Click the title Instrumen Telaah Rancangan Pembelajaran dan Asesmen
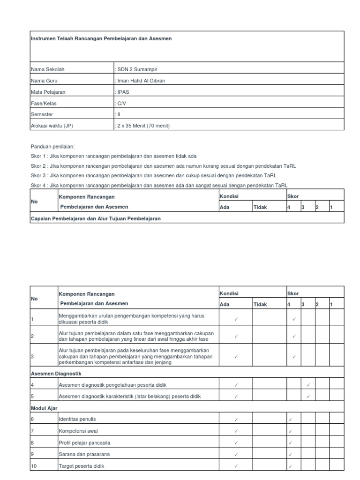tap(101, 38)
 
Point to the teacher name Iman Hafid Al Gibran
tap(141, 81)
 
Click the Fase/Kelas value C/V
tap(121, 103)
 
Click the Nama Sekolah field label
tap(47, 69)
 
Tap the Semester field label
tap(42, 114)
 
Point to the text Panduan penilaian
tap(52, 146)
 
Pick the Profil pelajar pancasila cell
tap(85, 442)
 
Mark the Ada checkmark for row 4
tap(236, 385)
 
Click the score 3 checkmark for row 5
tap(308, 397)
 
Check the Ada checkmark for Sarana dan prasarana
tap(236, 454)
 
